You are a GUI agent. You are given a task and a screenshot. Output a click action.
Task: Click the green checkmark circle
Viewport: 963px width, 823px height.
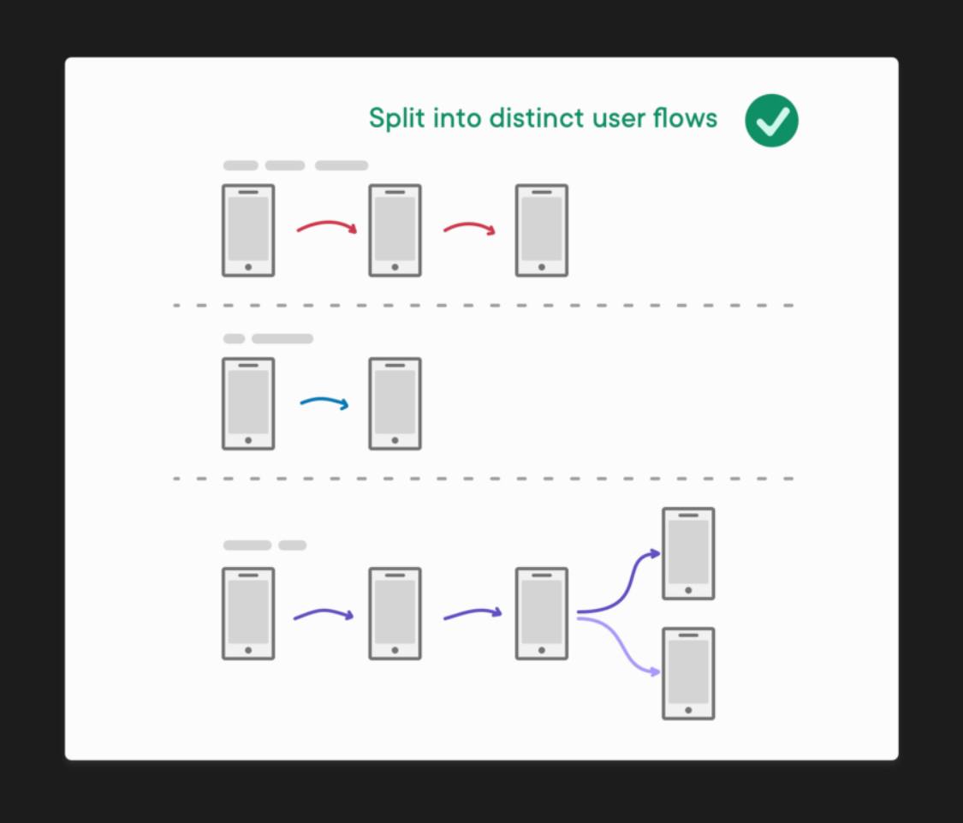(x=771, y=121)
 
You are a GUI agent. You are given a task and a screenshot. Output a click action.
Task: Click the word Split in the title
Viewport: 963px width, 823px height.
(x=396, y=118)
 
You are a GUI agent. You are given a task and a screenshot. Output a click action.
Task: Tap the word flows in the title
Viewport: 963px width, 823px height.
(x=685, y=117)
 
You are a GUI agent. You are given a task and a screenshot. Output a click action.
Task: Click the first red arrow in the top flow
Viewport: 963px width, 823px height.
(x=327, y=224)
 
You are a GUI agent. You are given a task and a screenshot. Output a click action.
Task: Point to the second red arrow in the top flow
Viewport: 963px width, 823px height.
(x=469, y=226)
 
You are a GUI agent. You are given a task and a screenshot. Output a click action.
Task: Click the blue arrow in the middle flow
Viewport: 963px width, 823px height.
(x=324, y=401)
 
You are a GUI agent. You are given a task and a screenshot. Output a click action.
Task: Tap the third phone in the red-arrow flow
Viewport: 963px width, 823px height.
(x=542, y=230)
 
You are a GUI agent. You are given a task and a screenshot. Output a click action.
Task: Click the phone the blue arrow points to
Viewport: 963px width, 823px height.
(x=395, y=404)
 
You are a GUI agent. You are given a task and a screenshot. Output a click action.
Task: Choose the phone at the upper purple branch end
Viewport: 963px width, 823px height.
(x=688, y=554)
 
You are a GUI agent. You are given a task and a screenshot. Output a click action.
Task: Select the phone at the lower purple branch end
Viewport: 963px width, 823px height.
(x=688, y=674)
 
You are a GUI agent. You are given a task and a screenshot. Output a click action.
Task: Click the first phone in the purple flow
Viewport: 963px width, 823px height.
(x=248, y=614)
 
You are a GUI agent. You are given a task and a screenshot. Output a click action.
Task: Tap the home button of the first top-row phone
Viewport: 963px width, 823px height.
(x=248, y=267)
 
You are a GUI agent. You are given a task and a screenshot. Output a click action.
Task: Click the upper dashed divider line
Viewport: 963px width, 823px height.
(x=484, y=306)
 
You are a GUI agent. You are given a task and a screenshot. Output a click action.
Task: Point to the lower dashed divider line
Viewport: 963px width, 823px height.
(x=484, y=478)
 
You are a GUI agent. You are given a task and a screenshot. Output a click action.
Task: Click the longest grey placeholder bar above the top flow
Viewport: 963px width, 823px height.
(x=342, y=165)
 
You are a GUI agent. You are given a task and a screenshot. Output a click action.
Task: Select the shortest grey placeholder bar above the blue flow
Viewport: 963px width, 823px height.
(x=234, y=338)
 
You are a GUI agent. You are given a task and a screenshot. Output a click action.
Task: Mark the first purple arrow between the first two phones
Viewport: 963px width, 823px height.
(x=324, y=612)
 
